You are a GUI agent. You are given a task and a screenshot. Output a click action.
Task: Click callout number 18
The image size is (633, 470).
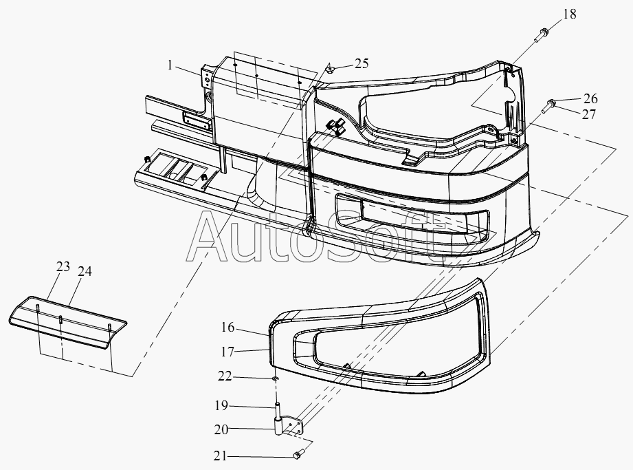pyautogui.click(x=569, y=14)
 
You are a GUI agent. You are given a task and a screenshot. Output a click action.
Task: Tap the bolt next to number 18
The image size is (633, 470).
pyautogui.click(x=541, y=34)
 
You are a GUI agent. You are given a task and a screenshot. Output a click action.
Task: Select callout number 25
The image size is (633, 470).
pyautogui.click(x=362, y=63)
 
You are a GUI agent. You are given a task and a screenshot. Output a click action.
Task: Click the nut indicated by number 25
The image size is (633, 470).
pyautogui.click(x=331, y=70)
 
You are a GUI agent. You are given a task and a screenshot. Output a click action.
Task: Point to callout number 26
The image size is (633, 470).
pyautogui.click(x=590, y=98)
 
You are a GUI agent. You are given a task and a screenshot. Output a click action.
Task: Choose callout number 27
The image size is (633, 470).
pyautogui.click(x=588, y=114)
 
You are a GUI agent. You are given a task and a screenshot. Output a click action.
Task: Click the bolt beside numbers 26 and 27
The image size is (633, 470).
pyautogui.click(x=548, y=105)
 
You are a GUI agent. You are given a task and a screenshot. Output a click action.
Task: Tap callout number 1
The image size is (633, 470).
pyautogui.click(x=170, y=65)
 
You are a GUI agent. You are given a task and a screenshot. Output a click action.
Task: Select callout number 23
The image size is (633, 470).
pyautogui.click(x=63, y=267)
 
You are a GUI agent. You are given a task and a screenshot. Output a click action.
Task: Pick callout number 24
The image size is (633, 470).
pyautogui.click(x=85, y=271)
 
